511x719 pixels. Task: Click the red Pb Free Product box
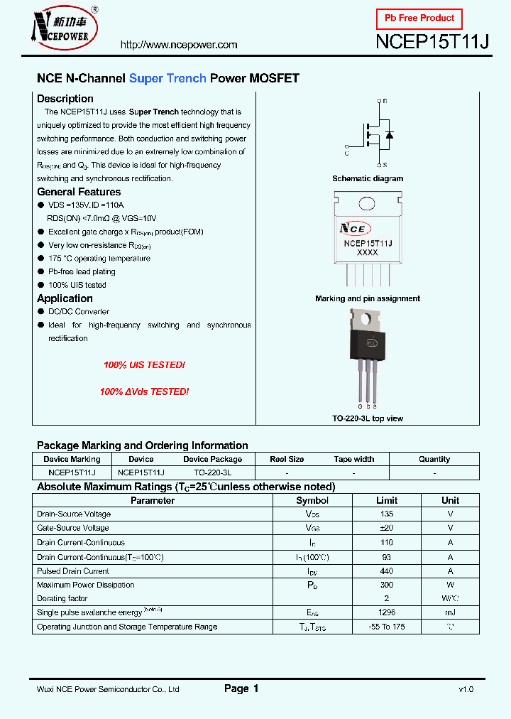coord(419,18)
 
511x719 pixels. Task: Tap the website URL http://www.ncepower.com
coord(179,45)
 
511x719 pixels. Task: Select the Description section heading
coord(65,99)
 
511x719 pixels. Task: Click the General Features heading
coord(79,192)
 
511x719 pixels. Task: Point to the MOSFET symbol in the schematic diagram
coord(374,133)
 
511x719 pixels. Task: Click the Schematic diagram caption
coord(368,179)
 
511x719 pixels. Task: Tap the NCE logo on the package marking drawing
coord(353,229)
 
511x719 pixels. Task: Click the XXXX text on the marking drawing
coord(367,252)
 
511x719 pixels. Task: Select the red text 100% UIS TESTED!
coord(144,364)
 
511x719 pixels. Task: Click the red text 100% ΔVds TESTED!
coord(144,391)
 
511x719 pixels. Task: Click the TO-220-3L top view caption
coord(368,418)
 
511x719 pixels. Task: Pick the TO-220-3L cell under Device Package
coord(212,472)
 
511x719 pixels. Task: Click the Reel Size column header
coord(287,459)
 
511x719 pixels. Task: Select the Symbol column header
coord(312,500)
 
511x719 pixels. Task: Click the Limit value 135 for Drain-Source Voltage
coord(387,514)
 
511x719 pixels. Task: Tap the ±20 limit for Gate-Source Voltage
coord(387,528)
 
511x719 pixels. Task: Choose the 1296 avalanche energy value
coord(387,612)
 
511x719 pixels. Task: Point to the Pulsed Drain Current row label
coord(73,571)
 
